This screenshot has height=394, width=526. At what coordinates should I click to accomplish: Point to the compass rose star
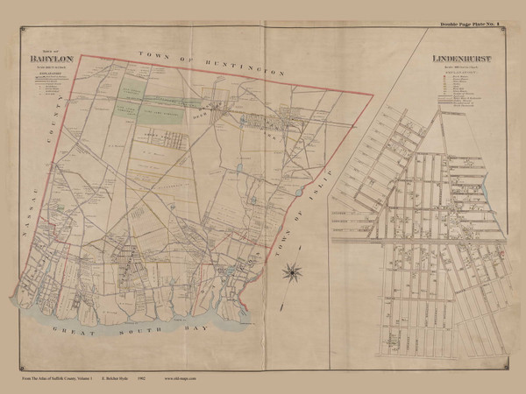[288, 273]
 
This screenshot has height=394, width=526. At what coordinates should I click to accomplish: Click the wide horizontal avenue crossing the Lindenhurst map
[421, 238]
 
